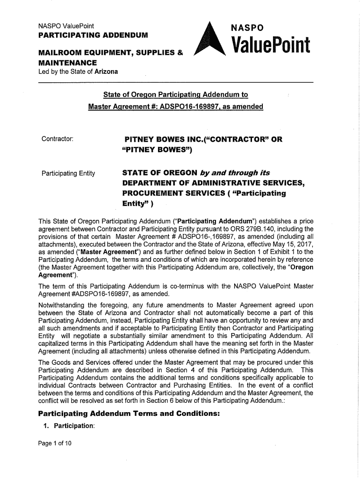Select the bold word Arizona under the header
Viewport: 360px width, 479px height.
106,72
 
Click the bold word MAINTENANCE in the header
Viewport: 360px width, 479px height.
67,62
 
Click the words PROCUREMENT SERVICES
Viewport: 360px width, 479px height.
178,193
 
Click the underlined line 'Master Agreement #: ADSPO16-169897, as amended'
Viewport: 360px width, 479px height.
176,107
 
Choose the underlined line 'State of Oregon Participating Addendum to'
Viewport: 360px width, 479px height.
176,95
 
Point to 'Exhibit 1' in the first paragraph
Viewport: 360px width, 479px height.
272,252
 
